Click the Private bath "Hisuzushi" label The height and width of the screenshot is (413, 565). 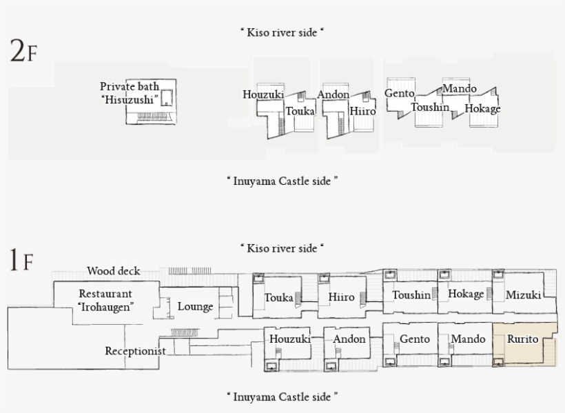click(x=130, y=93)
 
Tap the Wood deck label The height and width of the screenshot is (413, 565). click(x=114, y=271)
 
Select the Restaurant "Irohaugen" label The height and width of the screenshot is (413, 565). click(x=105, y=300)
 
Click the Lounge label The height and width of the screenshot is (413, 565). click(x=195, y=307)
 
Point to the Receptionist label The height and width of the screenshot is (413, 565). click(x=135, y=351)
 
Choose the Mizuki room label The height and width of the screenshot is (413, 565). click(x=523, y=295)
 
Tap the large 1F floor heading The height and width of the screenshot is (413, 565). click(x=21, y=262)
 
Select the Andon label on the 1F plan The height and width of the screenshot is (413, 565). click(x=349, y=339)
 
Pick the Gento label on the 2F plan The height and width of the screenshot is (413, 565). click(x=400, y=93)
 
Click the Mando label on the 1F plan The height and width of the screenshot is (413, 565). click(x=468, y=339)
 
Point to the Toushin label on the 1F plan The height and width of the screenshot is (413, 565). click(x=411, y=295)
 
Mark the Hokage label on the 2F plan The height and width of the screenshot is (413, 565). click(x=482, y=108)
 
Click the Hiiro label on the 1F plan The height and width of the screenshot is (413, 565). click(x=341, y=298)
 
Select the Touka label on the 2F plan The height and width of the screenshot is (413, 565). click(x=300, y=110)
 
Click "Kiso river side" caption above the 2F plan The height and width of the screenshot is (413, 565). click(x=282, y=32)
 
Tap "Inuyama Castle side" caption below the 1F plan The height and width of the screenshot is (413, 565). click(x=282, y=396)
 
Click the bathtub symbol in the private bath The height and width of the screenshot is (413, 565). click(x=166, y=98)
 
